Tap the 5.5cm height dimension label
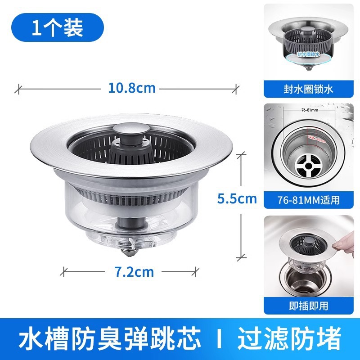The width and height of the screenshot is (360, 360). pos(237,198)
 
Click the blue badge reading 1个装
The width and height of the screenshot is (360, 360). pos(57,28)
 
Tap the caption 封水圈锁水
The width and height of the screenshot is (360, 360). pos(308,90)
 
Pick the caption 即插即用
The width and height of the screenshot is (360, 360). pos(308,306)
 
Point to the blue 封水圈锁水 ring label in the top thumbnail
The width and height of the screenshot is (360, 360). pos(308,54)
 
